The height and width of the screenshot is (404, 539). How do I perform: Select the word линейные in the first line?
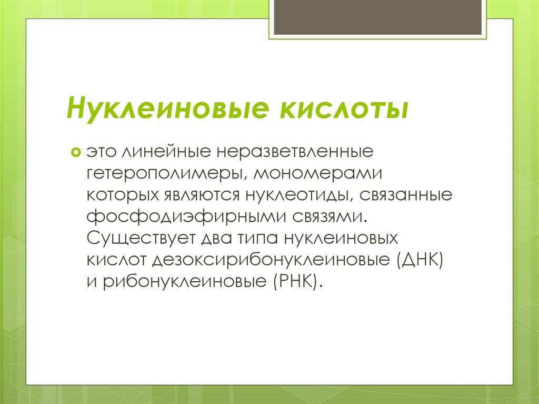(164, 153)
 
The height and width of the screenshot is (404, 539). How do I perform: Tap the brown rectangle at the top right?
(377, 17)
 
